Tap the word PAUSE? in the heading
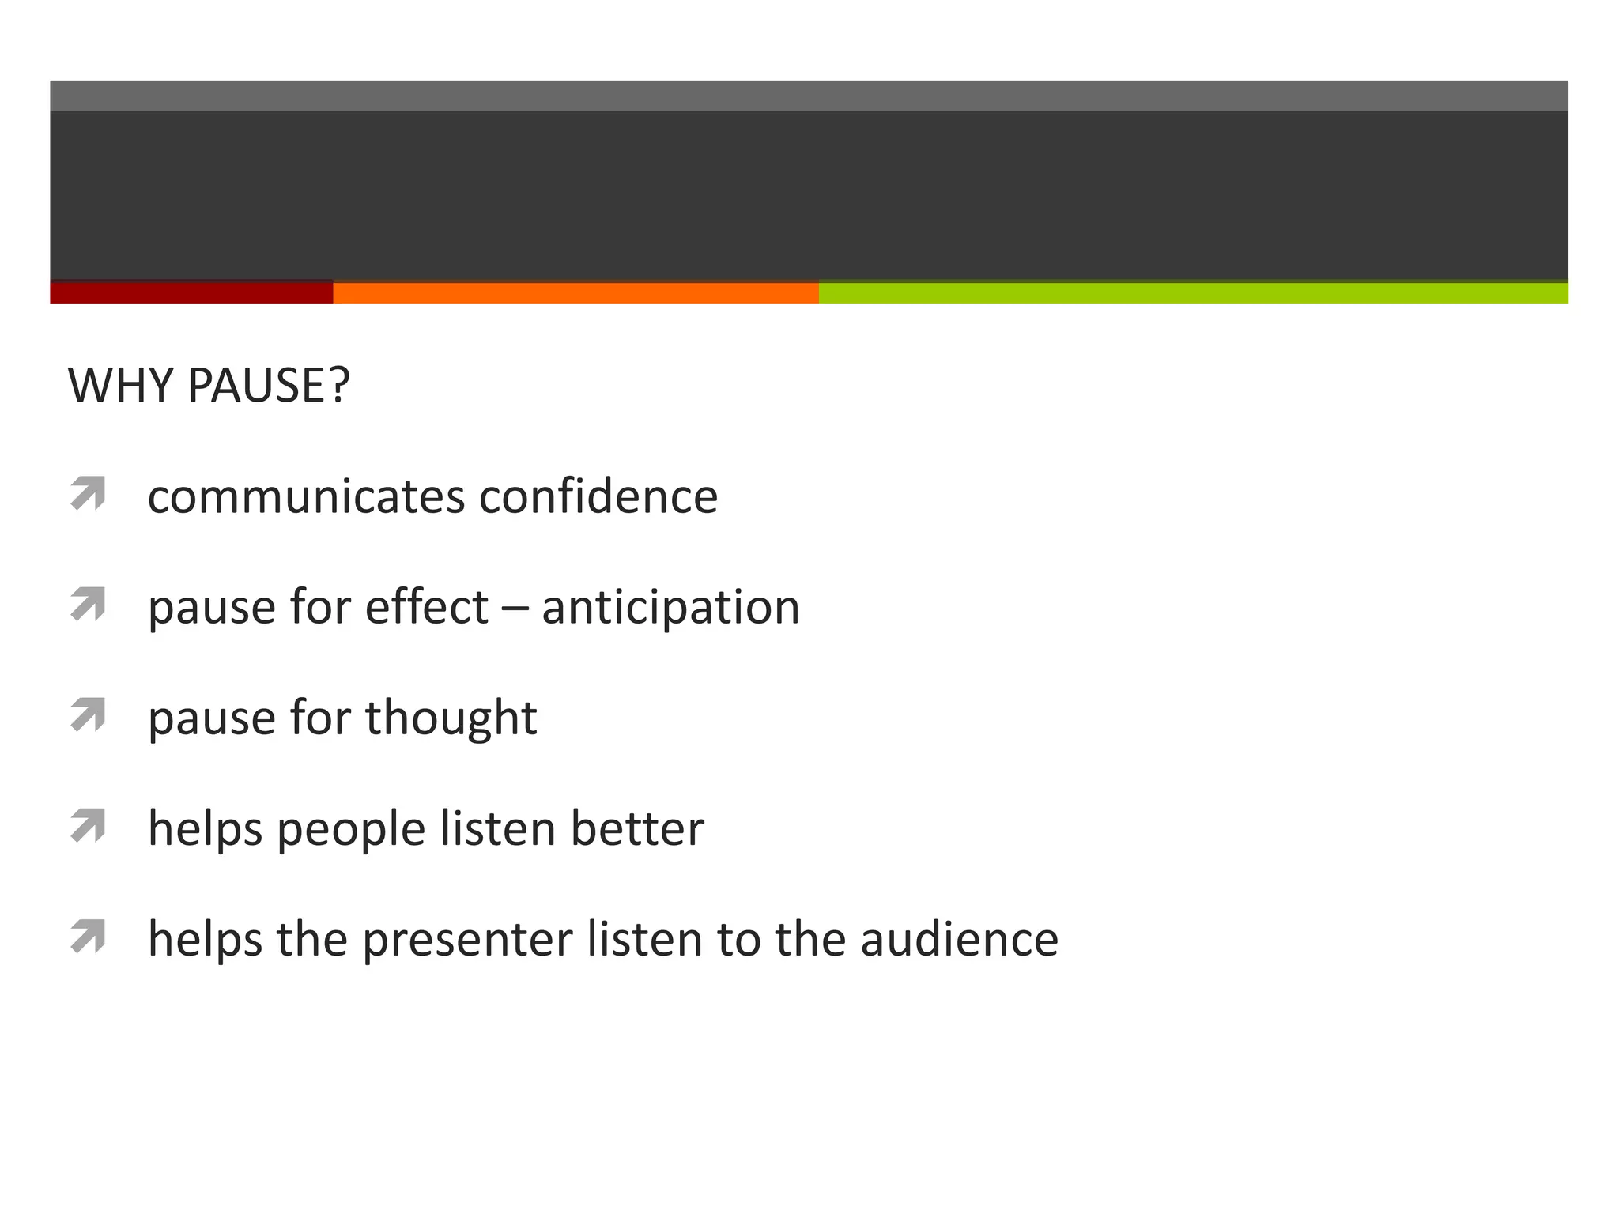pyautogui.click(x=269, y=386)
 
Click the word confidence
pyautogui.click(x=598, y=497)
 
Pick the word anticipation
pyautogui.click(x=670, y=609)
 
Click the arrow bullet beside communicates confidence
pyautogui.click(x=88, y=493)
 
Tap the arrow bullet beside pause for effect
pyautogui.click(x=88, y=604)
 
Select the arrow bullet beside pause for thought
pyautogui.click(x=88, y=714)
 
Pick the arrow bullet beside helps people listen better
pyautogui.click(x=88, y=825)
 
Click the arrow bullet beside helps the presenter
pyautogui.click(x=88, y=936)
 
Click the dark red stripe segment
pyautogui.click(x=191, y=292)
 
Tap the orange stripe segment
pyautogui.click(x=576, y=292)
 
